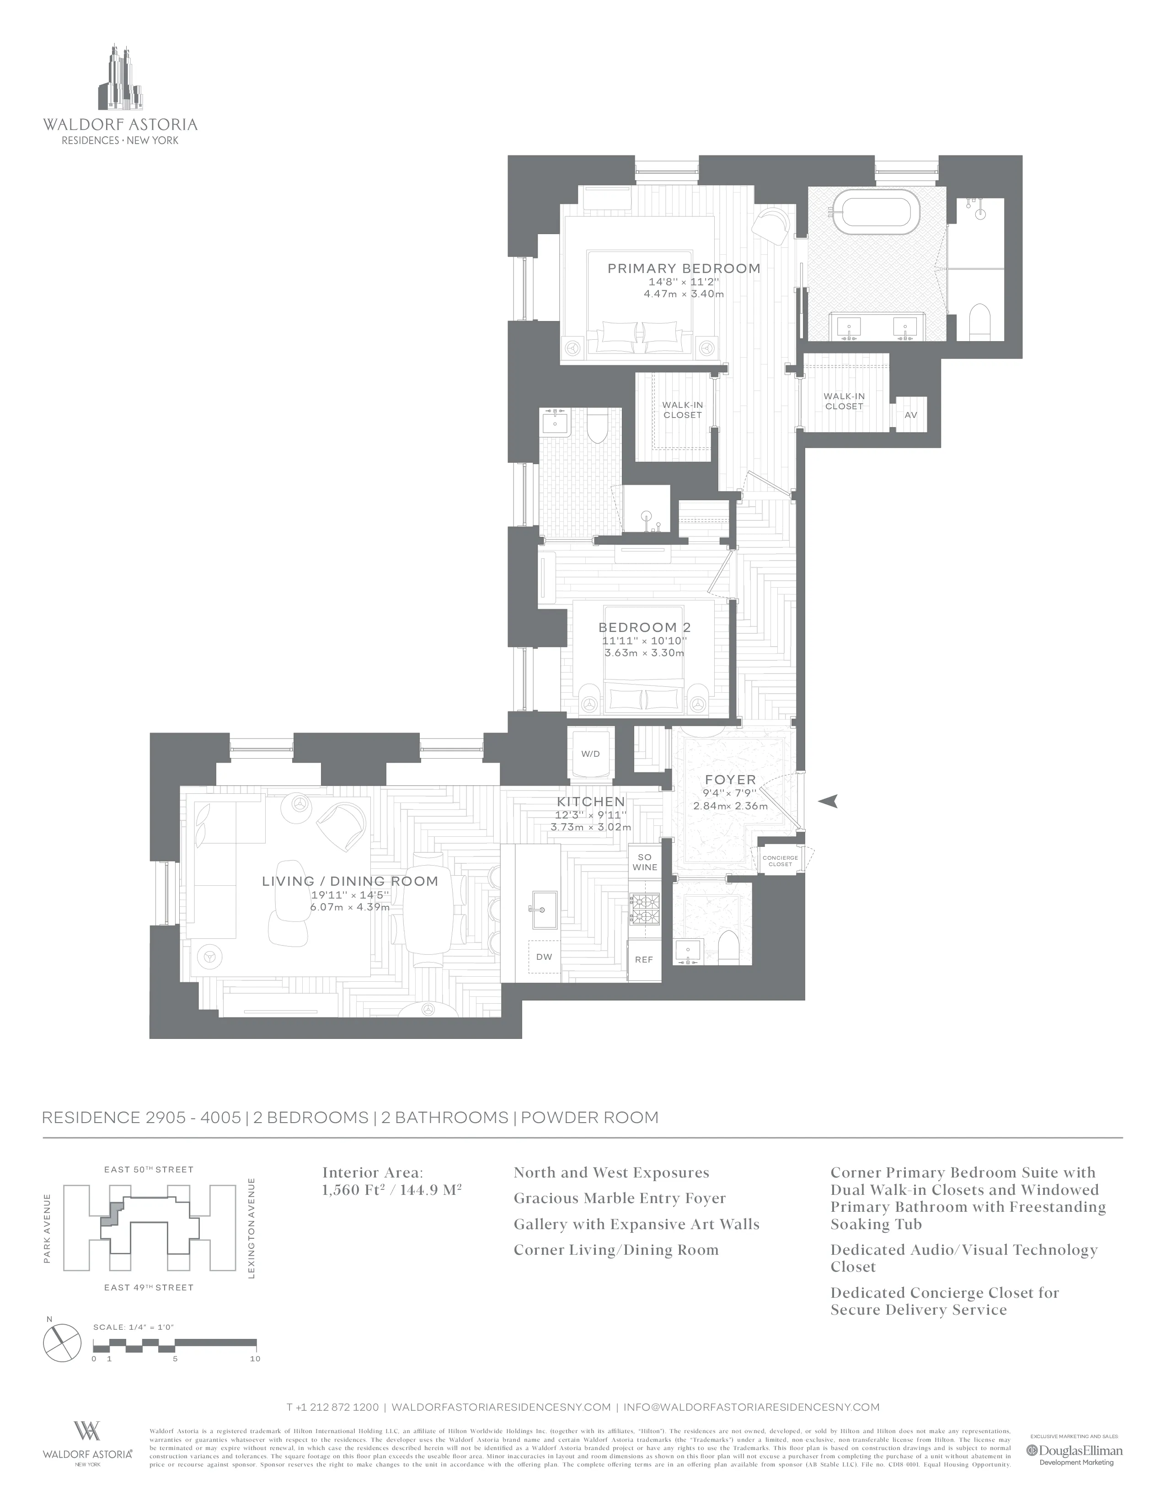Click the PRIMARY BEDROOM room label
(683, 268)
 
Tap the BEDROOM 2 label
(644, 627)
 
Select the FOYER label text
(730, 779)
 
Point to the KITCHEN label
(591, 802)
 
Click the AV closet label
(910, 415)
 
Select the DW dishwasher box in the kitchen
(544, 957)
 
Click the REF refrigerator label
(644, 960)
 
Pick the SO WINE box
(644, 862)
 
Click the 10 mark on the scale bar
(255, 1359)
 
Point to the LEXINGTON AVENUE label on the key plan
(251, 1227)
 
